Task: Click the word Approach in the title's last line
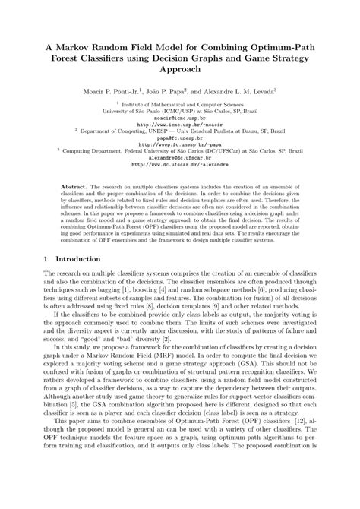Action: [x=179, y=69]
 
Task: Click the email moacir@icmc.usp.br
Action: [x=179, y=119]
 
